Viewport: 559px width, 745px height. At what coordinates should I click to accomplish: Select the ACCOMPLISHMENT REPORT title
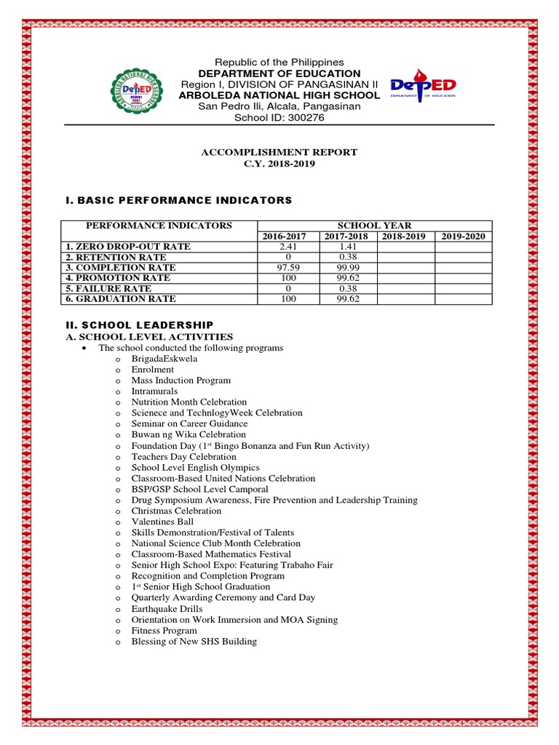click(x=279, y=152)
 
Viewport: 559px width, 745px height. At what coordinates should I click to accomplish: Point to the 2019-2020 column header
click(x=463, y=236)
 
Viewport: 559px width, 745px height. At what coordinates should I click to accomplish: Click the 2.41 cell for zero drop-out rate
click(x=288, y=247)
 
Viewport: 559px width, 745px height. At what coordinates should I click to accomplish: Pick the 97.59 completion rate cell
click(x=288, y=268)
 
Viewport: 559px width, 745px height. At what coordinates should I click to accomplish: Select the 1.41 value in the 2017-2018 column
click(x=346, y=247)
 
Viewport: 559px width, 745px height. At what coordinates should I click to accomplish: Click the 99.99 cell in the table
click(x=346, y=268)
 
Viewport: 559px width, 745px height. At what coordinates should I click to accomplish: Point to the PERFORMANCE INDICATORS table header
click(x=159, y=226)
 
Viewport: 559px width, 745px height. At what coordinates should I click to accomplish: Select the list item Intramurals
click(x=154, y=391)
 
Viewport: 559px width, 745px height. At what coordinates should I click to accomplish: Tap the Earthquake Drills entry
click(x=167, y=608)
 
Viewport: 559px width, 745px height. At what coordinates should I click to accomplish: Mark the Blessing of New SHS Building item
click(x=194, y=642)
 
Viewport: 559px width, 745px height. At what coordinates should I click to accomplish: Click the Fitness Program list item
click(x=164, y=631)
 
